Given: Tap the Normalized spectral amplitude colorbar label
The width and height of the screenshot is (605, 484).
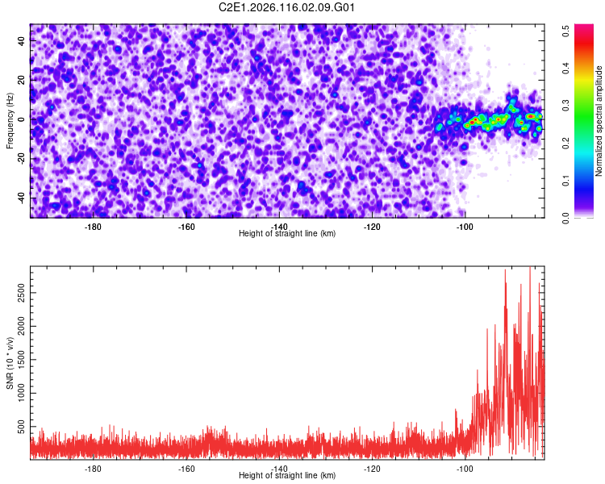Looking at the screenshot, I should tap(599, 121).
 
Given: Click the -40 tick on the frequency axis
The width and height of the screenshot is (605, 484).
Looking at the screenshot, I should tap(19, 198).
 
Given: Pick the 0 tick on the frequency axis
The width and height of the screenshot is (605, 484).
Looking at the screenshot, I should tap(23, 119).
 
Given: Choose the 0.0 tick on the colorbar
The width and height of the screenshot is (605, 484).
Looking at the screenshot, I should tap(566, 216).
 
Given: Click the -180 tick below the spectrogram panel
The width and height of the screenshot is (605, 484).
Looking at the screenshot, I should tap(93, 227).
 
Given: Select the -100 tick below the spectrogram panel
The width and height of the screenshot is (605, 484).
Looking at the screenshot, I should tap(465, 227).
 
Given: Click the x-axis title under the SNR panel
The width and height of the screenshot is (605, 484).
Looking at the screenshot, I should tap(287, 476).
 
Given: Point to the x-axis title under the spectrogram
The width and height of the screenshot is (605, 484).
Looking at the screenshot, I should tap(287, 234).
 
